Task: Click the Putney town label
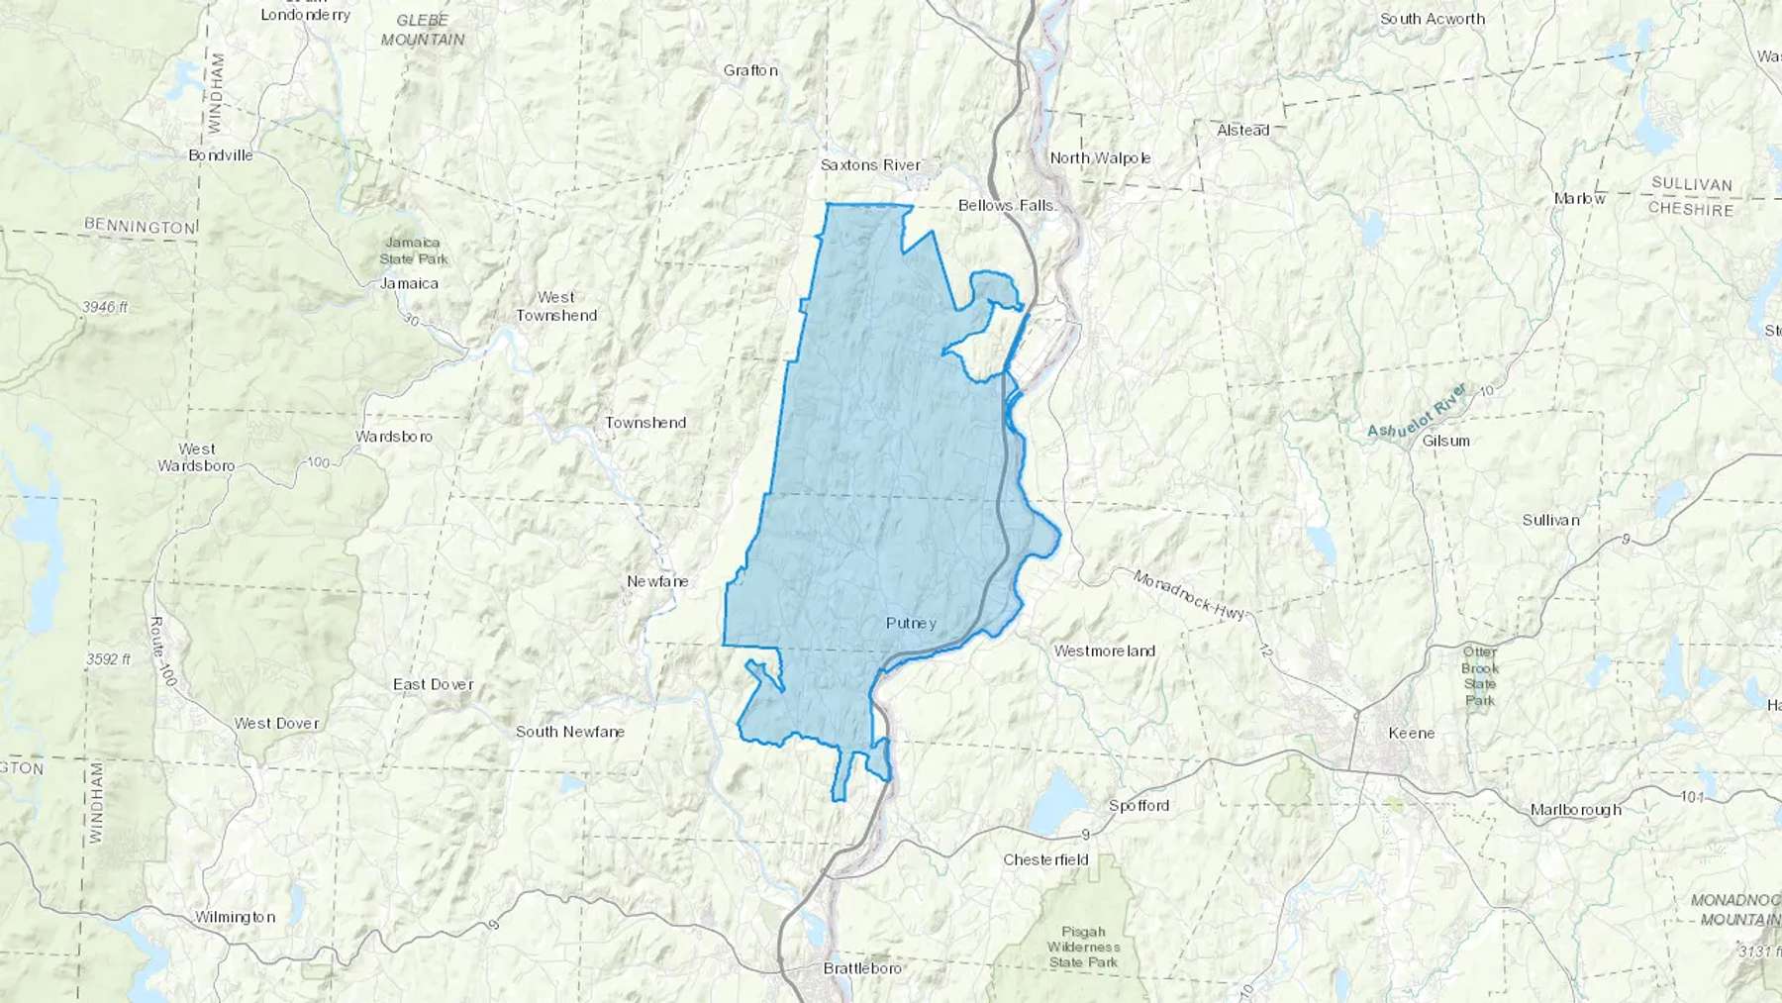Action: [911, 623]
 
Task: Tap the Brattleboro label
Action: [862, 967]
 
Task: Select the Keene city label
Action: [1411, 733]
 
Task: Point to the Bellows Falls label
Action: [1007, 205]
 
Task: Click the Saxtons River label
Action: [870, 164]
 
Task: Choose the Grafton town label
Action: [750, 70]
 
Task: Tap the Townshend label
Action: [645, 422]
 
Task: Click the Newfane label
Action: [657, 581]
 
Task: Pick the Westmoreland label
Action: [1104, 651]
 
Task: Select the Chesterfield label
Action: [1045, 859]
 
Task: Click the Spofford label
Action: [1138, 805]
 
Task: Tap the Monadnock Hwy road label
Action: [1188, 595]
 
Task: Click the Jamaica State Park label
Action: [414, 251]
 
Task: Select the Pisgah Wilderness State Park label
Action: [1083, 947]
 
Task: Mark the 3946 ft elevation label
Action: [105, 307]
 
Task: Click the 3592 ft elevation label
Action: [108, 658]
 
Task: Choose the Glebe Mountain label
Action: [423, 30]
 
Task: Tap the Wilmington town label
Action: [235, 917]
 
